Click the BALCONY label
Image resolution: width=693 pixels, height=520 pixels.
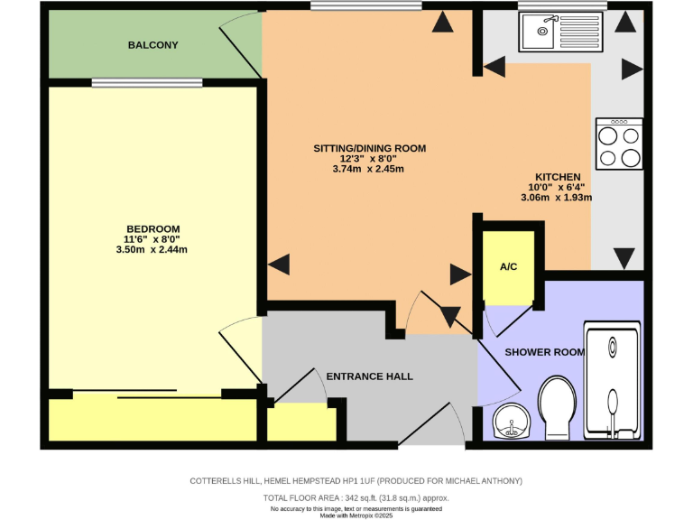click(x=152, y=45)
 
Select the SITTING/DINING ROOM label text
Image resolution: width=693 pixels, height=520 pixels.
click(x=369, y=148)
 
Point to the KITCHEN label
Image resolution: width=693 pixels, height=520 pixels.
click(x=557, y=177)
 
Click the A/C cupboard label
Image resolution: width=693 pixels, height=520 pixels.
click(x=509, y=267)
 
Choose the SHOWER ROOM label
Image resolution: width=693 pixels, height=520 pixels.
click(x=544, y=352)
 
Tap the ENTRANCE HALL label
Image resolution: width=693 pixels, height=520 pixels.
click(x=369, y=376)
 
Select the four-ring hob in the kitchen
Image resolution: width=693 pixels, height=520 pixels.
click(x=619, y=144)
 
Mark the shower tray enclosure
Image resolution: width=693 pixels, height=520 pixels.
click(x=614, y=380)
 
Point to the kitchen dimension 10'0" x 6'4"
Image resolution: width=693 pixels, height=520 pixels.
click(x=557, y=187)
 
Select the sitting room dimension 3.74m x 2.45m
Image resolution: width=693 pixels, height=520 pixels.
click(x=369, y=169)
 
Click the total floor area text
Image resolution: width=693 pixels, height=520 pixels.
click(x=356, y=497)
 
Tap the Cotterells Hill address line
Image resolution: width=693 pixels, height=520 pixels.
click(x=356, y=481)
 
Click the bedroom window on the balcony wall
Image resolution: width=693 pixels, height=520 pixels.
click(x=134, y=83)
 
